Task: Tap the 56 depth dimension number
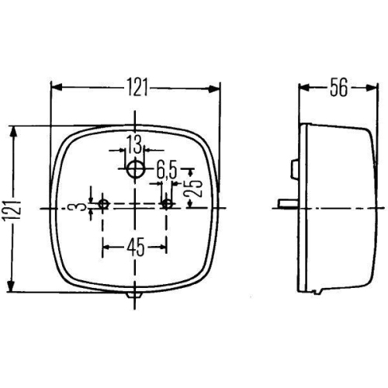click(x=338, y=87)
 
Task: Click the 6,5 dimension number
click(x=165, y=167)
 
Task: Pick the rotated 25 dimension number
click(x=196, y=189)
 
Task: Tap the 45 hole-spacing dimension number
click(x=135, y=248)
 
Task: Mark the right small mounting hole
click(x=167, y=205)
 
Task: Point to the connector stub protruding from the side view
click(x=287, y=204)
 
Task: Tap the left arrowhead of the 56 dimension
click(x=304, y=87)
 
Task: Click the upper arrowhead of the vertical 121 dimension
click(x=12, y=131)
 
